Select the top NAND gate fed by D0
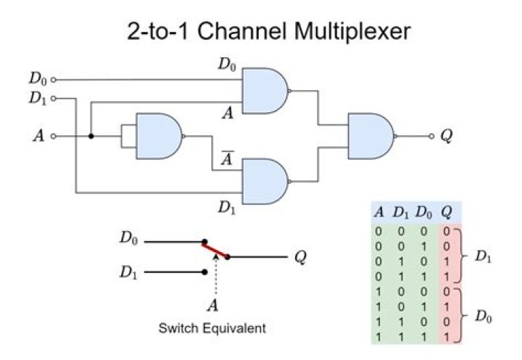(x=265, y=91)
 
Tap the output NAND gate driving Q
(x=371, y=135)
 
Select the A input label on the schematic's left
(x=39, y=135)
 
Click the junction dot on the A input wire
(x=91, y=135)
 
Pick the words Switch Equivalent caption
(x=212, y=328)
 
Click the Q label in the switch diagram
(x=299, y=256)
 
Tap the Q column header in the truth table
(x=449, y=213)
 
